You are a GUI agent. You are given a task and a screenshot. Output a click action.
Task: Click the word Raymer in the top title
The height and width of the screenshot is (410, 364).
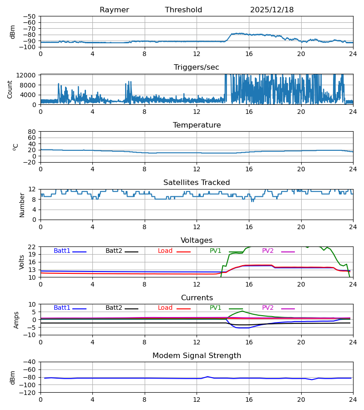click(x=114, y=10)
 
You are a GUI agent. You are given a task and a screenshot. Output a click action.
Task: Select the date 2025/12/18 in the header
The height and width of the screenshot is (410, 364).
click(x=272, y=10)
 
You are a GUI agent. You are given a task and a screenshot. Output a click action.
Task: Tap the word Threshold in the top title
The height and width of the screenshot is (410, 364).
click(x=183, y=10)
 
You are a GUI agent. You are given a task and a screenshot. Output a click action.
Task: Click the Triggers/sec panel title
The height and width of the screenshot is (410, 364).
click(x=196, y=67)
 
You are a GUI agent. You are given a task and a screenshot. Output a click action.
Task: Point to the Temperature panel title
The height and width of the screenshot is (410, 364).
click(x=197, y=125)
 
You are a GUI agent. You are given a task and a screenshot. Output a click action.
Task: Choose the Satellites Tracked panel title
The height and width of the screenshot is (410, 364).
click(x=197, y=183)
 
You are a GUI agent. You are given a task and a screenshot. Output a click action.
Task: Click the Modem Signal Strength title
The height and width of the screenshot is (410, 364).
click(x=197, y=356)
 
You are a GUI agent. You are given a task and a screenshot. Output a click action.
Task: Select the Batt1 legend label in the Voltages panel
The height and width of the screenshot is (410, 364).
click(x=62, y=251)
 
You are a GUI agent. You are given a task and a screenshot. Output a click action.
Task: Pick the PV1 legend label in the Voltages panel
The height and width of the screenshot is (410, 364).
click(x=215, y=251)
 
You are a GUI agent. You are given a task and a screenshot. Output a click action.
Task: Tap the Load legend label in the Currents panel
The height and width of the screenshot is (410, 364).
click(x=165, y=308)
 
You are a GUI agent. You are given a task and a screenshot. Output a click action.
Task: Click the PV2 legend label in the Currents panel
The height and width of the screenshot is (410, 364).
click(x=268, y=308)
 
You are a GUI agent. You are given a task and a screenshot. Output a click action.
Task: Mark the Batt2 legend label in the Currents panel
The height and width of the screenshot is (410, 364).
click(x=114, y=308)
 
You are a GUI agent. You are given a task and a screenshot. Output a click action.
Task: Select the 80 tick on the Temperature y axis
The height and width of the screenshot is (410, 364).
click(x=32, y=132)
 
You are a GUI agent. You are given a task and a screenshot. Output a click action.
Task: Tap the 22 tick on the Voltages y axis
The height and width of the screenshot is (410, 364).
click(x=32, y=247)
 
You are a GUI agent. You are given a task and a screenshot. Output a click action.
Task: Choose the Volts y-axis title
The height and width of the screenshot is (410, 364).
click(x=21, y=262)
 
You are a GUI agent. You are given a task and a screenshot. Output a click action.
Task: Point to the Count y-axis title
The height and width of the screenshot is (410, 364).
click(x=10, y=89)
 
